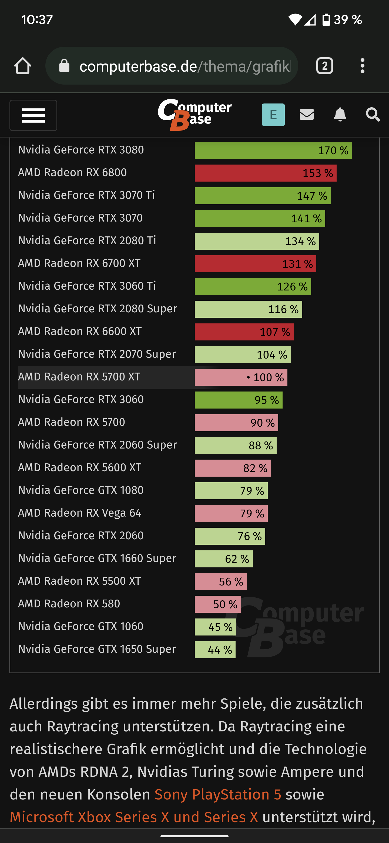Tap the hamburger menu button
tap(33, 115)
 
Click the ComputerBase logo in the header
tap(195, 115)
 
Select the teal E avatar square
tap(273, 115)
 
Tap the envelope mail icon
tap(307, 115)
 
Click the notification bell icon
tap(340, 115)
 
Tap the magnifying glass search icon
tap(373, 115)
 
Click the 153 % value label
tap(318, 173)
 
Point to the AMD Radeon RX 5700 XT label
tap(79, 377)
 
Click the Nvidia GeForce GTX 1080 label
tap(81, 490)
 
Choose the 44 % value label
tap(220, 650)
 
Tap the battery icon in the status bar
tap(326, 20)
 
